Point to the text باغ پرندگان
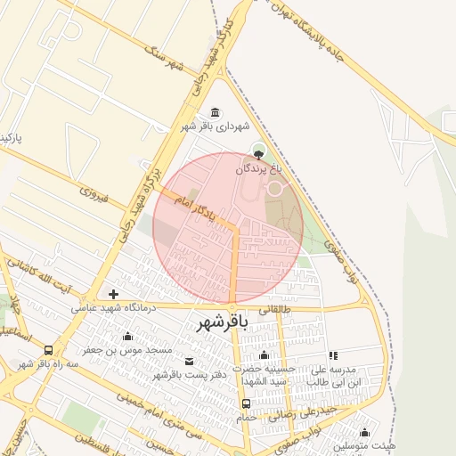(x=264, y=167)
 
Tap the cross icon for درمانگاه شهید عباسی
(x=113, y=294)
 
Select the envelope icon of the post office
(x=189, y=361)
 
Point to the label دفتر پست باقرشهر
(x=188, y=375)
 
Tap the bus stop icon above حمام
(x=246, y=403)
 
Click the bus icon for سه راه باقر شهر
(x=47, y=350)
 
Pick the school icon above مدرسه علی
(x=333, y=355)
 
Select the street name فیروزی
(x=93, y=192)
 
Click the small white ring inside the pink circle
(x=275, y=188)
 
